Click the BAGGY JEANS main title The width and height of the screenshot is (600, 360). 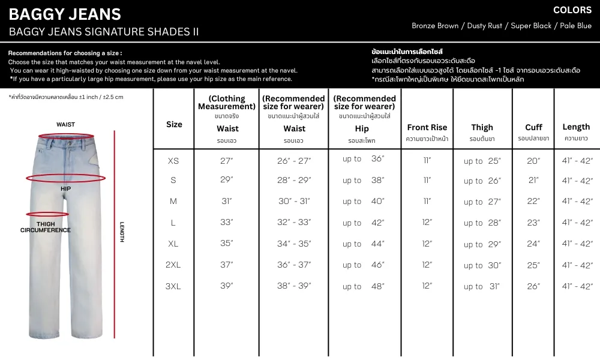coord(65,14)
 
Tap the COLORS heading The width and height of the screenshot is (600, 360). coord(572,10)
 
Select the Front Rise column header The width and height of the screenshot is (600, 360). coord(427,127)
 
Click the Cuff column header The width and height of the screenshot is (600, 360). coord(533,127)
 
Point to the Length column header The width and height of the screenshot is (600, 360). coord(576,127)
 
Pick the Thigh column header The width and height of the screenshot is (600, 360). coord(482,127)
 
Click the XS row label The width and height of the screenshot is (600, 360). coord(173,161)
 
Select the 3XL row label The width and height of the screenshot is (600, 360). coord(173,286)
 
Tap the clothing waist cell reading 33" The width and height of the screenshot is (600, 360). coord(226,222)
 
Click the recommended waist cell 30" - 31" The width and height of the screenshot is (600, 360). coord(294,201)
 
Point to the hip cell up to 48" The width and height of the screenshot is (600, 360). coord(364,286)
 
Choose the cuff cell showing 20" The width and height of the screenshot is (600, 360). coord(533,161)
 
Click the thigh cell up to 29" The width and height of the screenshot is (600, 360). coord(482,244)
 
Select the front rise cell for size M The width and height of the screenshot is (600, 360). coord(427,201)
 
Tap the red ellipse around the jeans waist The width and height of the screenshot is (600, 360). coord(65,136)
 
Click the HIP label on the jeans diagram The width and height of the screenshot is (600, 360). coord(66,188)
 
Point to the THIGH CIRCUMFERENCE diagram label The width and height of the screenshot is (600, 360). coord(45,227)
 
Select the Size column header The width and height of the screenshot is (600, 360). coord(174,124)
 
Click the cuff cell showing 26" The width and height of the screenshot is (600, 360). coord(533,286)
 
